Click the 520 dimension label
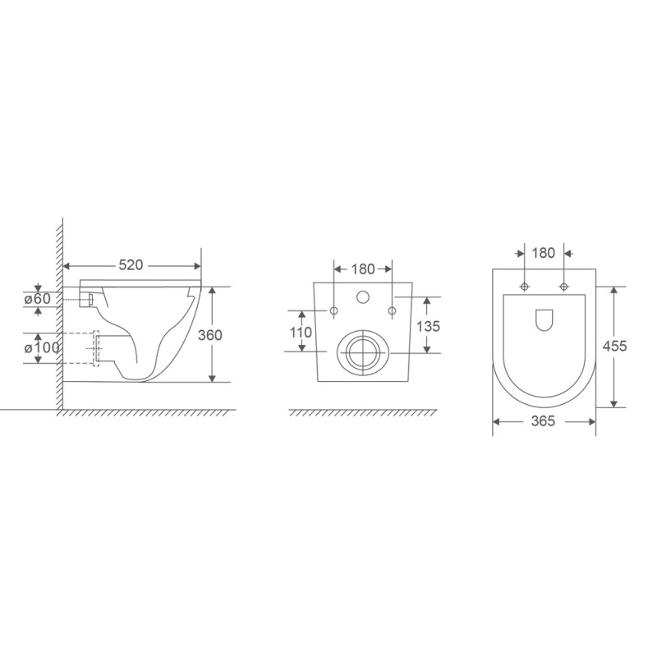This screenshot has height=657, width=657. pyautogui.click(x=132, y=265)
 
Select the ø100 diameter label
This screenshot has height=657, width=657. pyautogui.click(x=41, y=348)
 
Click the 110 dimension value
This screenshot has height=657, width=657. pyautogui.click(x=301, y=333)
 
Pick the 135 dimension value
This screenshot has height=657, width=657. pyautogui.click(x=428, y=326)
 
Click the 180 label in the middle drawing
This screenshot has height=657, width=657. pyautogui.click(x=363, y=269)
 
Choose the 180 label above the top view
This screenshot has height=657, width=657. pyautogui.click(x=544, y=252)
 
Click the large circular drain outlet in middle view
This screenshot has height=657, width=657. pyautogui.click(x=362, y=351)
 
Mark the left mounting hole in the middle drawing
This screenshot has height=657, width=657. pyautogui.click(x=333, y=310)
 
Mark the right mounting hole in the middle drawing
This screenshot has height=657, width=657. pyautogui.click(x=392, y=310)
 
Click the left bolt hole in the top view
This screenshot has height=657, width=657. pyautogui.click(x=525, y=286)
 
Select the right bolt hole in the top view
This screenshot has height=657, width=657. pyautogui.click(x=563, y=286)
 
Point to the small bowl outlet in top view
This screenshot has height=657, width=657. pyautogui.click(x=544, y=320)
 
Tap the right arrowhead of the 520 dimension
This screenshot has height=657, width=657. pyautogui.click(x=197, y=265)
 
